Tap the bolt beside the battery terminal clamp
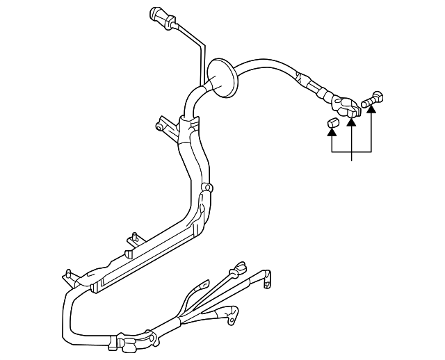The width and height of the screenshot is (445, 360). point(373,99)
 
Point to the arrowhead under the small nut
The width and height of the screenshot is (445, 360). point(332,133)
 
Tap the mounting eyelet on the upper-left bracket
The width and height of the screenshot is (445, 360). point(160,126)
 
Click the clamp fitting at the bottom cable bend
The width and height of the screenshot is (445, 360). point(125,342)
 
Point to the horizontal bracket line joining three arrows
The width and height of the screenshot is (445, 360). point(352,151)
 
